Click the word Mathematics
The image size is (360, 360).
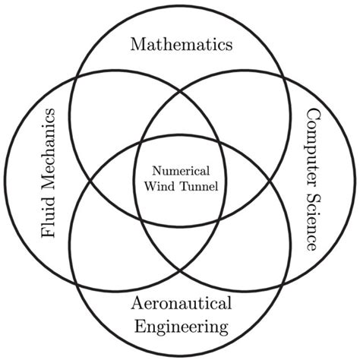180,45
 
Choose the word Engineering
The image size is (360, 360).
180,328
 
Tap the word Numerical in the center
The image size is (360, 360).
180,172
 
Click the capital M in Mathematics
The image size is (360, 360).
137,45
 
